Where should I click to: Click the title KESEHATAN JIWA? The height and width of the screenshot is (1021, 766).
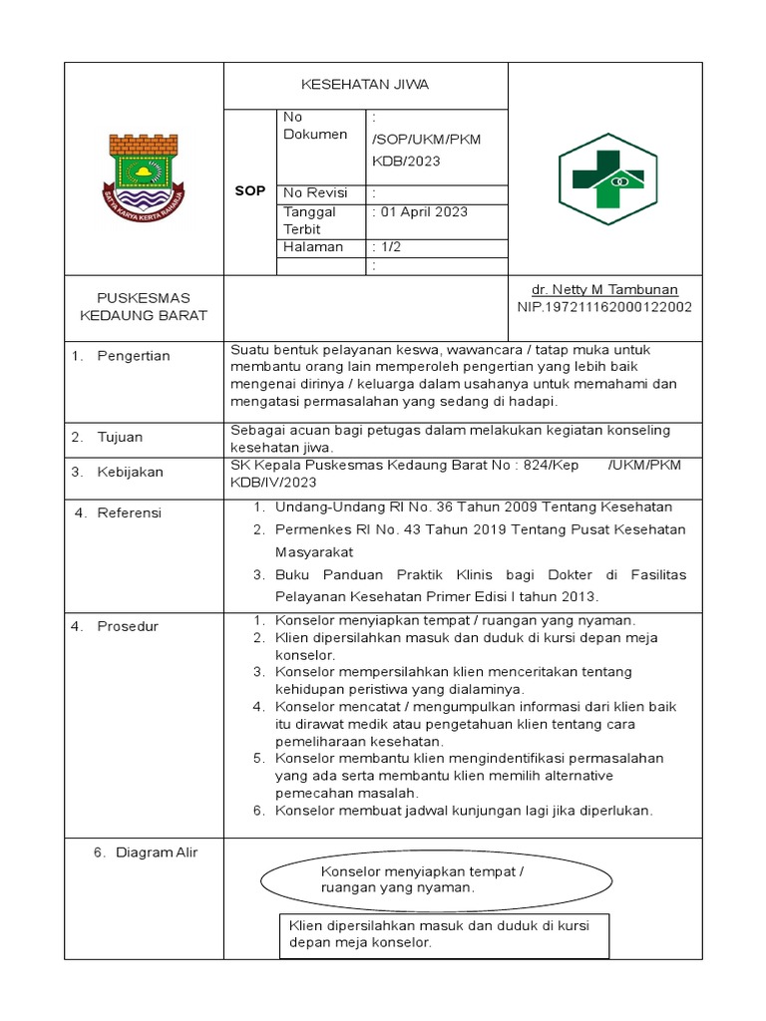coord(365,85)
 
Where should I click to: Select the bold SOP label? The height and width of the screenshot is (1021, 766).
coord(249,190)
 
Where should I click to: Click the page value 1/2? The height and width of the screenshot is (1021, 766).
coord(388,246)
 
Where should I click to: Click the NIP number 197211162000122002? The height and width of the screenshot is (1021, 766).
coord(604,307)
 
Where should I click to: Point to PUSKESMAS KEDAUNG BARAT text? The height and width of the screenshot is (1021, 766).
coord(143,307)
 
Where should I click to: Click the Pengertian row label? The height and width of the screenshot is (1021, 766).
coord(134,356)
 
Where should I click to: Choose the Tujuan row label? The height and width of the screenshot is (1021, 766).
coord(120,437)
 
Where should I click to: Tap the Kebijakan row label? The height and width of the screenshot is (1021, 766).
coord(130,472)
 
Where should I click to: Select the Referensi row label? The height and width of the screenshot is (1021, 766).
coord(129,512)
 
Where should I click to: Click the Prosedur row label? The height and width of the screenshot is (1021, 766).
coord(128,626)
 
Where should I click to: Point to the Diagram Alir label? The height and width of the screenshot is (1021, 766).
coord(157,852)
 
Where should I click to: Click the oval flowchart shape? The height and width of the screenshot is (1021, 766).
coord(437,879)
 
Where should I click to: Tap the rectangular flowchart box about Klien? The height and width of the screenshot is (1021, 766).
coord(443,934)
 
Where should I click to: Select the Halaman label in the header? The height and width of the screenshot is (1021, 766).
coord(313,246)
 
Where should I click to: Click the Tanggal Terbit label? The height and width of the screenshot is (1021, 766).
coord(310,220)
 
